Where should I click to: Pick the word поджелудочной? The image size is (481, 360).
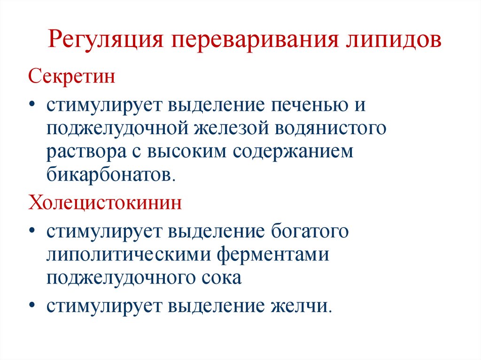click(x=115, y=128)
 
